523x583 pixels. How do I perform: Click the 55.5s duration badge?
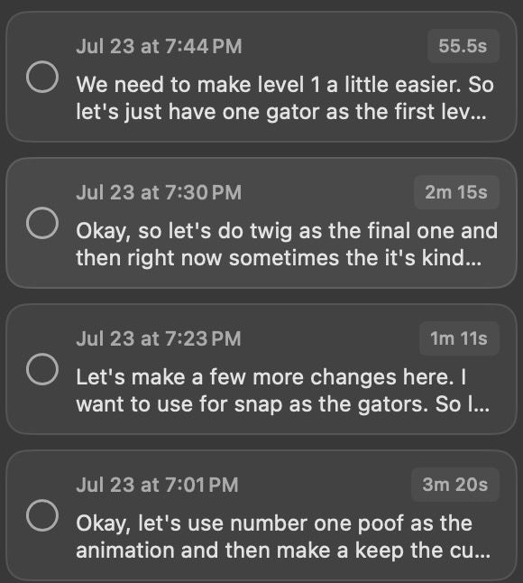[x=463, y=46]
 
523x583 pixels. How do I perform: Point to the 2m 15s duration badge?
[x=456, y=192]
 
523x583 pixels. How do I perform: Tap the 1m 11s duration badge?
[x=459, y=338]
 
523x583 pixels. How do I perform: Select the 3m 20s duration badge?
[x=455, y=485]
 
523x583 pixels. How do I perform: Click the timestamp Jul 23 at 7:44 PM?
[x=159, y=46]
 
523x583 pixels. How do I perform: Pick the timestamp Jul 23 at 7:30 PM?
[x=159, y=192]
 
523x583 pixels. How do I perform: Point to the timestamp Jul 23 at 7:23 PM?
[x=159, y=338]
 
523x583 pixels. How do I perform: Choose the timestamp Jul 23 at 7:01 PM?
[x=157, y=485]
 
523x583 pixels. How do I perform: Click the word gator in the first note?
[x=293, y=112]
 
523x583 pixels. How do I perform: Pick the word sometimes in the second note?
[x=284, y=258]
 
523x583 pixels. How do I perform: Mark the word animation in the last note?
[x=125, y=551]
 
